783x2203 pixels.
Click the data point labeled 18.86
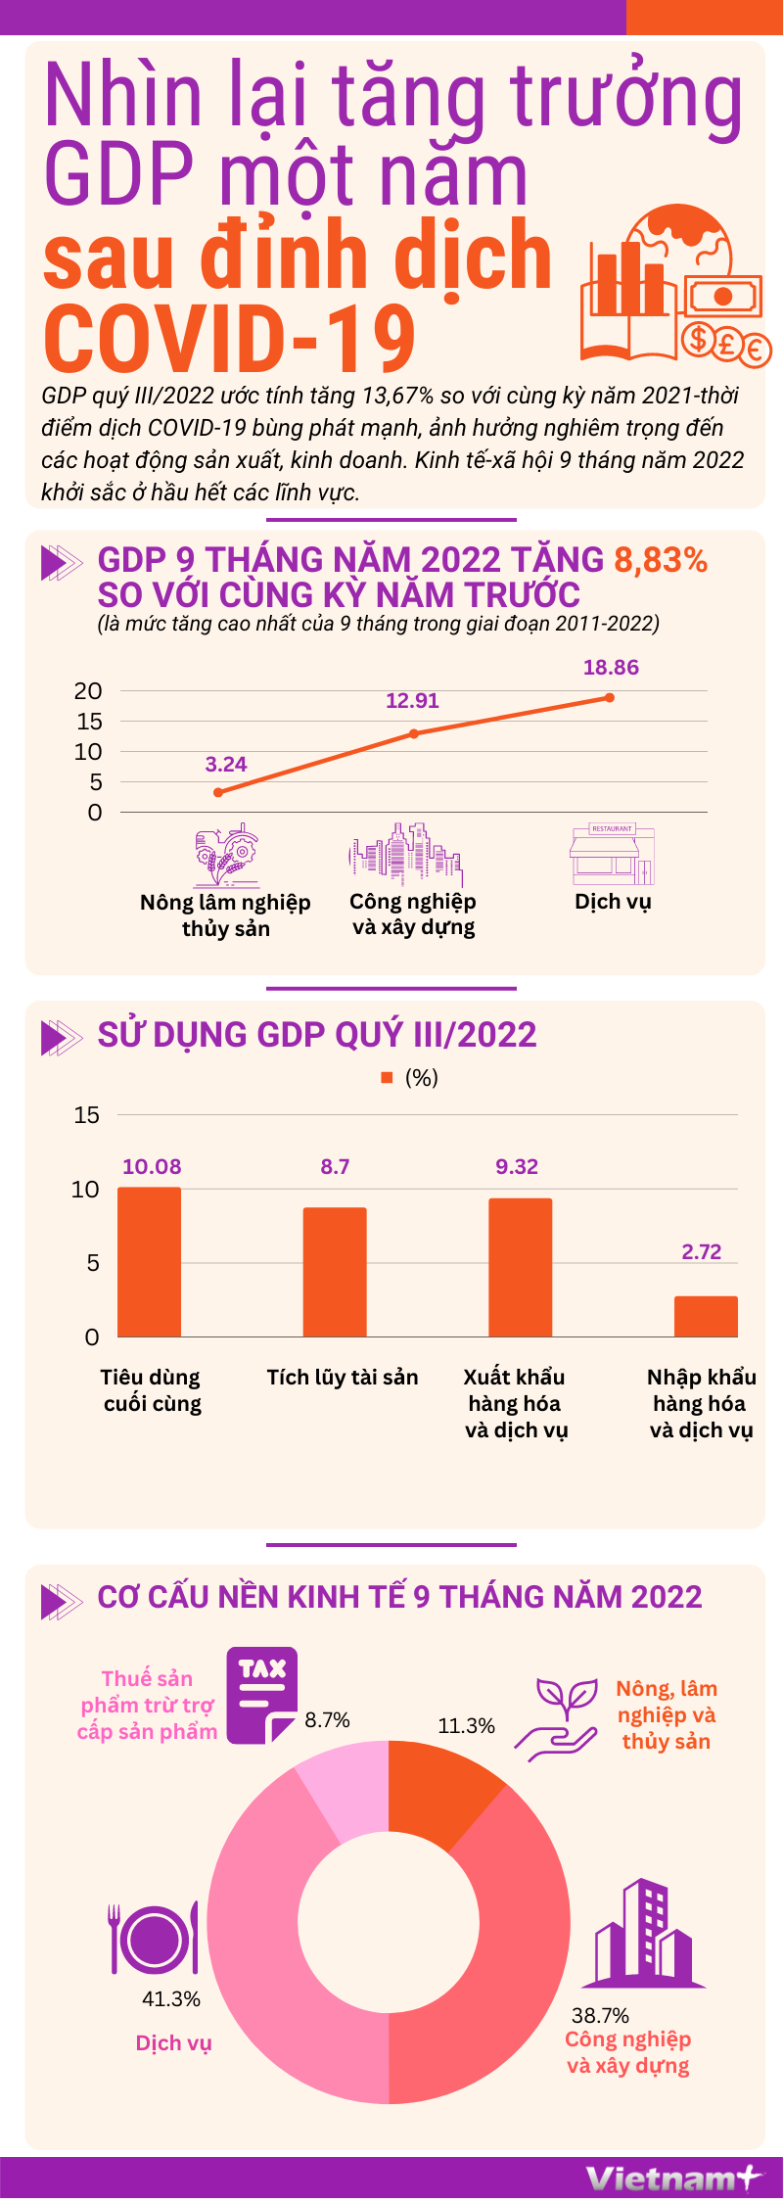[610, 698]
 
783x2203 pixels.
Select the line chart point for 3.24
[218, 792]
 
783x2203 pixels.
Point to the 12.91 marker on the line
[414, 733]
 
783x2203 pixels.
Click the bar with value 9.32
[520, 1267]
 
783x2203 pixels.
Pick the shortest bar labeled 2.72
[706, 1316]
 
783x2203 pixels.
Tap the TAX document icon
[262, 1695]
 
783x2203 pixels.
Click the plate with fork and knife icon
[154, 1938]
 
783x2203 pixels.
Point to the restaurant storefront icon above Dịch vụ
[612, 854]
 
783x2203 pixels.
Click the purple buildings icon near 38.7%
[643, 1934]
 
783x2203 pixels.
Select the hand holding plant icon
[558, 1719]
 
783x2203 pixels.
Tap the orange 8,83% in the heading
[661, 560]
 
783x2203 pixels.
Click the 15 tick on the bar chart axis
[87, 1114]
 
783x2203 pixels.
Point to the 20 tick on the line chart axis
[88, 691]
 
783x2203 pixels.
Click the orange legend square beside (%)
[387, 1077]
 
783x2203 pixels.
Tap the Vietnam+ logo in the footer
[672, 2179]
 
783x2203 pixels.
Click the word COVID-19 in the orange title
[231, 339]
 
